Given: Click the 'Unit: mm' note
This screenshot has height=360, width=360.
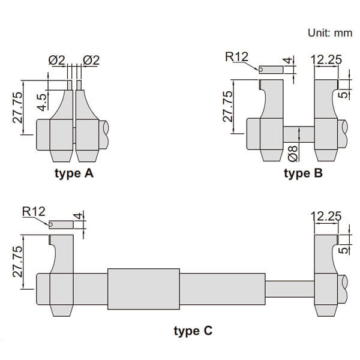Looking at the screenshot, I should coord(329,32).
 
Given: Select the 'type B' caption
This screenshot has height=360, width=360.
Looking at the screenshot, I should coord(303,174).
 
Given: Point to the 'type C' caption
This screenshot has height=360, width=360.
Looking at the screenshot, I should coord(193,330).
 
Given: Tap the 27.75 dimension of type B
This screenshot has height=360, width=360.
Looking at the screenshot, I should coord(228,107).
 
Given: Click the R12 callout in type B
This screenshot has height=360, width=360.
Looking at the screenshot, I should coord(236,57).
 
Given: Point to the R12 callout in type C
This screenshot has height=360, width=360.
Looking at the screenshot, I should coord(34,211).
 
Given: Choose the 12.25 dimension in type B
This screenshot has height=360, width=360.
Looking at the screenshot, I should coord(326,59).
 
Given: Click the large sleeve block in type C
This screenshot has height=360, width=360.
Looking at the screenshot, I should coord(143,288).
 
